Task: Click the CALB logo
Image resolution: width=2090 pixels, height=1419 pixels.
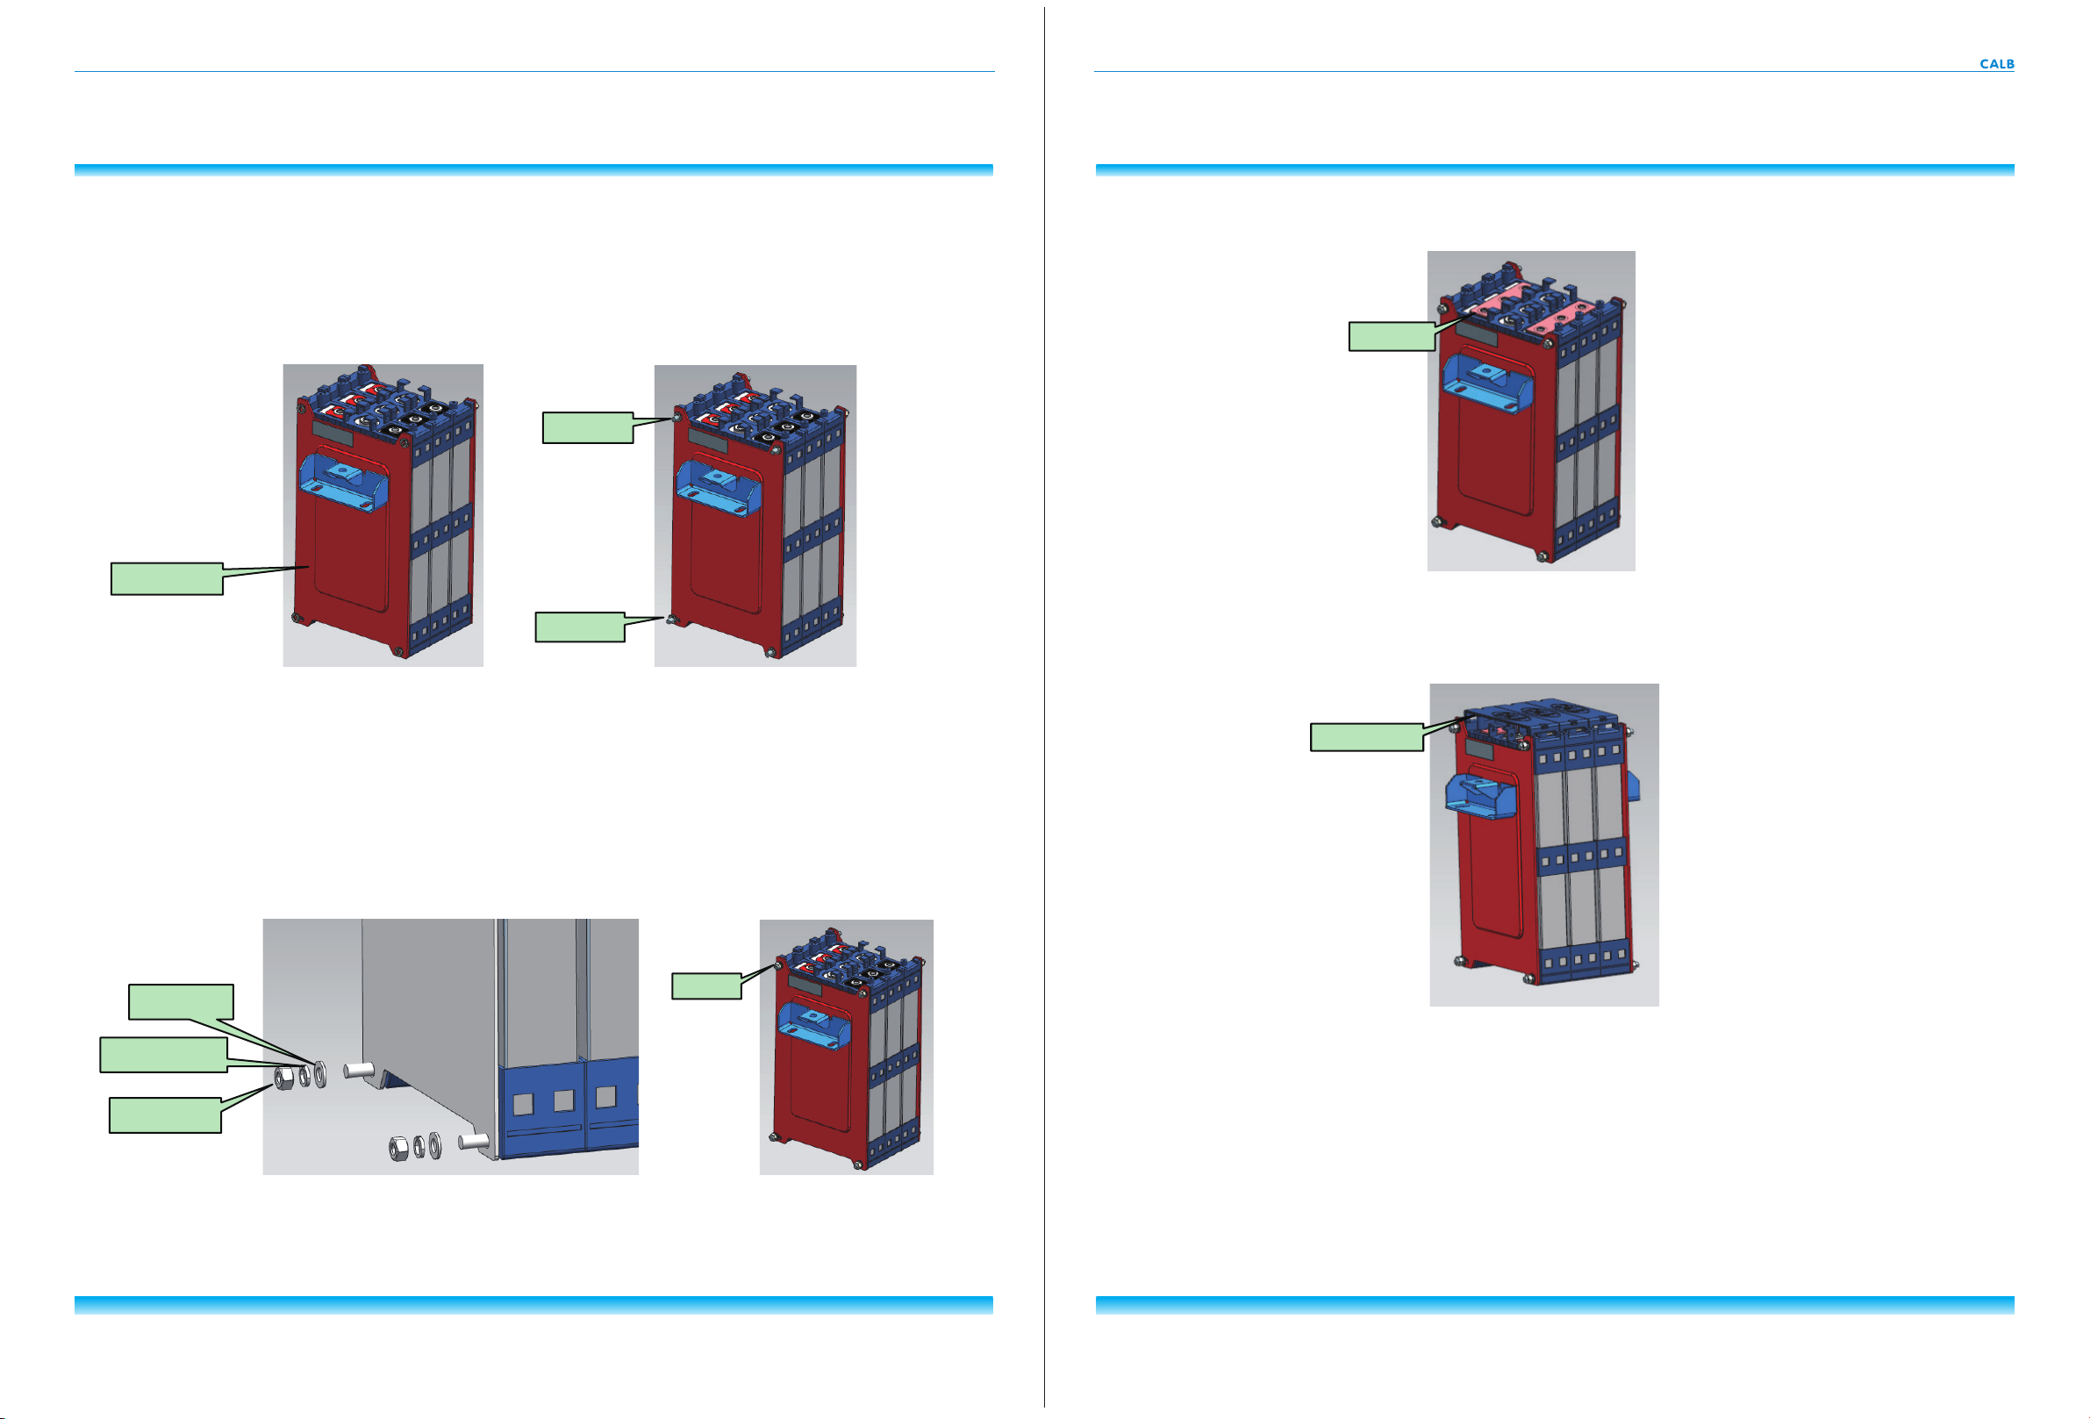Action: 1995,64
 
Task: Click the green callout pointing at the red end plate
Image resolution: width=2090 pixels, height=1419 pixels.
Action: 168,578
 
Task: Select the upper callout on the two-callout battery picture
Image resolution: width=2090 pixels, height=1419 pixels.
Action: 587,427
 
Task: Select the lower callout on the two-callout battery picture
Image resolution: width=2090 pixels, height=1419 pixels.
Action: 580,627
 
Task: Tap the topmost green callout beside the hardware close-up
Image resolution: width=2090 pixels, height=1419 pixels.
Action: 181,1002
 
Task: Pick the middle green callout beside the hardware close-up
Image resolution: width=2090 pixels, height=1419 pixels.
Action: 163,1055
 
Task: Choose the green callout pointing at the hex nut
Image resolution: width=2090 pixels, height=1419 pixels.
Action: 165,1115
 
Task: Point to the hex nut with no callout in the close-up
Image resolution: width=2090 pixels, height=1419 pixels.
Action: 397,1149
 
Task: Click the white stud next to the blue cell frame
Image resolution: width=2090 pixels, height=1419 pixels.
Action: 473,1141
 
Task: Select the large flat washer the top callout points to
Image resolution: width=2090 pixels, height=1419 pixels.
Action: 321,1072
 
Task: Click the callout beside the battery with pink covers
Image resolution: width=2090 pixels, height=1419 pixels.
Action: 1392,335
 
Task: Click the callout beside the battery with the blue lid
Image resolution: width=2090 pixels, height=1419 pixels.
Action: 1366,736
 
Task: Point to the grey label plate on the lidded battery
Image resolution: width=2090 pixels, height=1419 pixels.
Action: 1479,749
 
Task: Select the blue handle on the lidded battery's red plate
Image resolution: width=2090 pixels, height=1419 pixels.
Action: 1481,796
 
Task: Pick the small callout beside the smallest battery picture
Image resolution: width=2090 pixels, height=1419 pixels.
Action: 707,985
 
